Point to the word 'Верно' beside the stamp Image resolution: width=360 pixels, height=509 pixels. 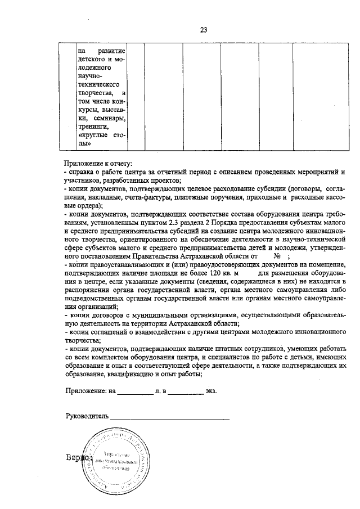tap(76, 458)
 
